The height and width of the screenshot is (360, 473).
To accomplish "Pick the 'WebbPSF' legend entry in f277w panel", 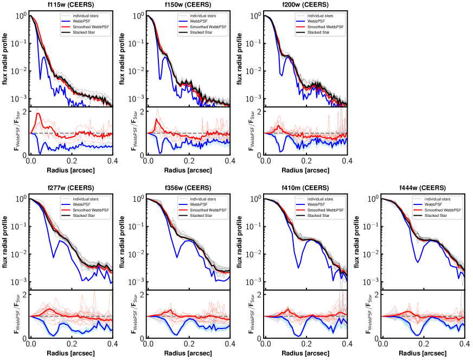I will [82, 203].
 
